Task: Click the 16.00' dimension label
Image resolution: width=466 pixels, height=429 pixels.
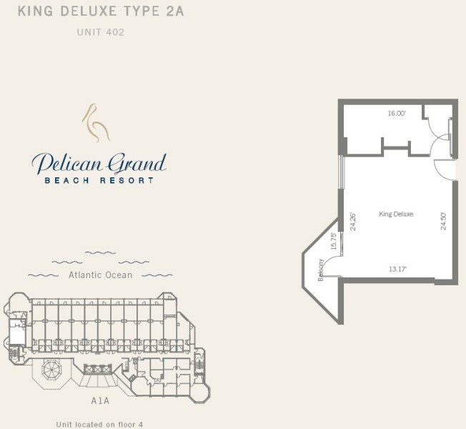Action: pyautogui.click(x=397, y=113)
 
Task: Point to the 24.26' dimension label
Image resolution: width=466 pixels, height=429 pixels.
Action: pyautogui.click(x=353, y=222)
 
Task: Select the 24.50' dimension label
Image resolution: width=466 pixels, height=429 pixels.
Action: pyautogui.click(x=443, y=221)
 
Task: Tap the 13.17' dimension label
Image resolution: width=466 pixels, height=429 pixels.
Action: pyautogui.click(x=397, y=269)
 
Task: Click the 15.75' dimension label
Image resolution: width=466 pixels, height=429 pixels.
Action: pyautogui.click(x=334, y=242)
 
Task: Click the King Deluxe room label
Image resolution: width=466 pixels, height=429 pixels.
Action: pyautogui.click(x=396, y=214)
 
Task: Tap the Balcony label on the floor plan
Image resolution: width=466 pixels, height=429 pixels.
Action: pyautogui.click(x=321, y=270)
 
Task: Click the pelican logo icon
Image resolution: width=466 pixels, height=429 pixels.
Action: pyautogui.click(x=96, y=123)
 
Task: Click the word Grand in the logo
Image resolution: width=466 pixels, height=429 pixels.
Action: pyautogui.click(x=137, y=164)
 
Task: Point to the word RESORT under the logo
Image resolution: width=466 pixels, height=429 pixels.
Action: pyautogui.click(x=127, y=180)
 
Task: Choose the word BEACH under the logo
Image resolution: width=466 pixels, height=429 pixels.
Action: pyautogui.click(x=67, y=180)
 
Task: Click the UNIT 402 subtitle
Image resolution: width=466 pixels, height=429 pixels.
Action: pyautogui.click(x=101, y=32)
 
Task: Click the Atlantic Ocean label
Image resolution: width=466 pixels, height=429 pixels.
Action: pyautogui.click(x=101, y=275)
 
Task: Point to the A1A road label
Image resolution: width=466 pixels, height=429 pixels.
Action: pyautogui.click(x=100, y=401)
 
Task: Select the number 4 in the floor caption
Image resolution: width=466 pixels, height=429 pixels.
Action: pyautogui.click(x=140, y=425)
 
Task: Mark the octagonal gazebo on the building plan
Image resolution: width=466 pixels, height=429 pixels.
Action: pyautogui.click(x=51, y=370)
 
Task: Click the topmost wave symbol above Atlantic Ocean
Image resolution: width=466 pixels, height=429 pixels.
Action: pyautogui.click(x=100, y=253)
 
